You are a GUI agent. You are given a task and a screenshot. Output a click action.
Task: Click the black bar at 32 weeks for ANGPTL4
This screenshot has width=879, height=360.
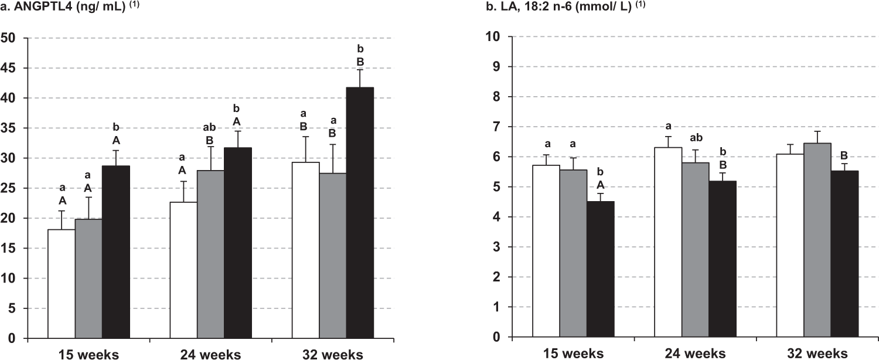360,212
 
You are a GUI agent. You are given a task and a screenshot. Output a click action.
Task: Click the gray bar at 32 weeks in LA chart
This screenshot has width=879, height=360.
817,240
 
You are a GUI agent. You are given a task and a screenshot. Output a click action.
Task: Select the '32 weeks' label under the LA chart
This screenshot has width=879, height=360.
817,353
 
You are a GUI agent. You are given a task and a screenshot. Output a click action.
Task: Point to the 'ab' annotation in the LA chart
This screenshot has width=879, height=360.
695,138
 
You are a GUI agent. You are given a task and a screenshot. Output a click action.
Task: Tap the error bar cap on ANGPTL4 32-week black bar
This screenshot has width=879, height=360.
360,70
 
